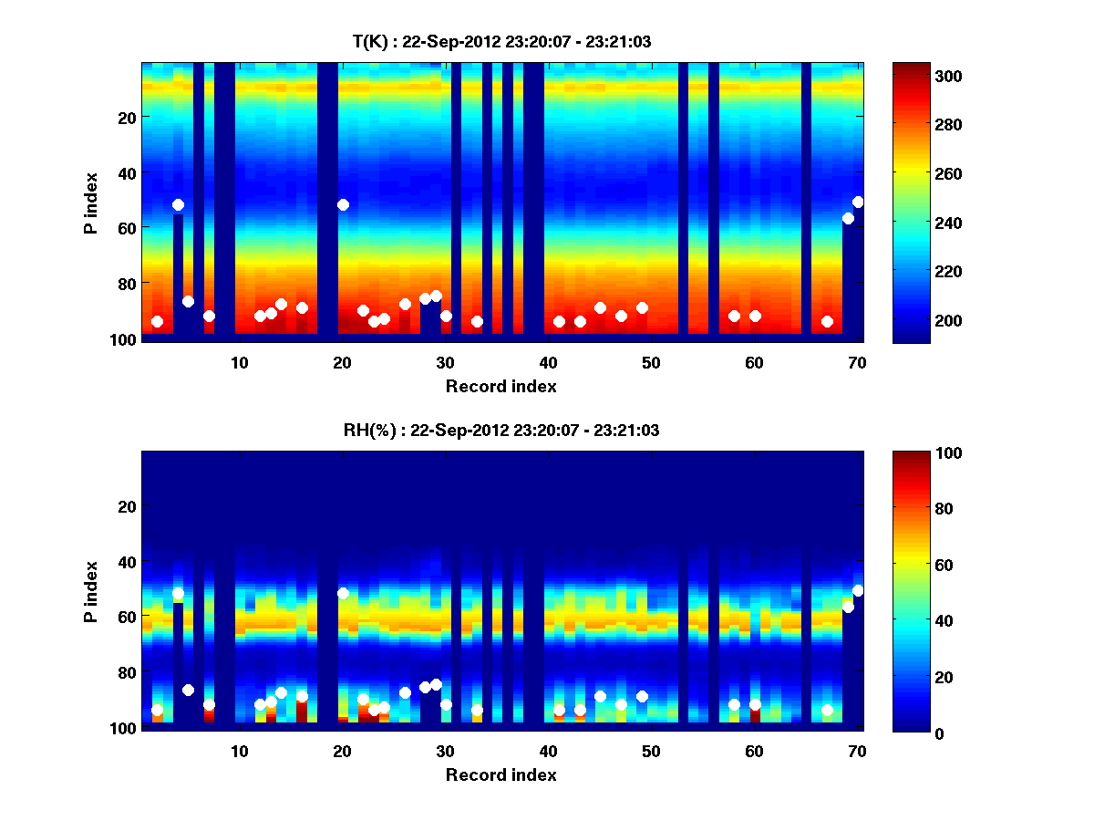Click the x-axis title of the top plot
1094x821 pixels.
[501, 386]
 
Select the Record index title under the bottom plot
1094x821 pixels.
[501, 774]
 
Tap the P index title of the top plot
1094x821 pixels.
[91, 202]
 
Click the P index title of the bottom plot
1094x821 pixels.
[91, 590]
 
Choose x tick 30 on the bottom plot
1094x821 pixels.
[445, 751]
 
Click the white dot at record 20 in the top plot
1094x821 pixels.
[343, 204]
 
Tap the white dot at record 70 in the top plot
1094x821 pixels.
[858, 202]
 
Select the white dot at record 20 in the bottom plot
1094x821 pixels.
[343, 593]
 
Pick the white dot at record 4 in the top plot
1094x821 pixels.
[178, 204]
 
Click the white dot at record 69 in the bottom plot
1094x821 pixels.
[848, 607]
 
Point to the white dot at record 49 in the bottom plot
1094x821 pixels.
[642, 696]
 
